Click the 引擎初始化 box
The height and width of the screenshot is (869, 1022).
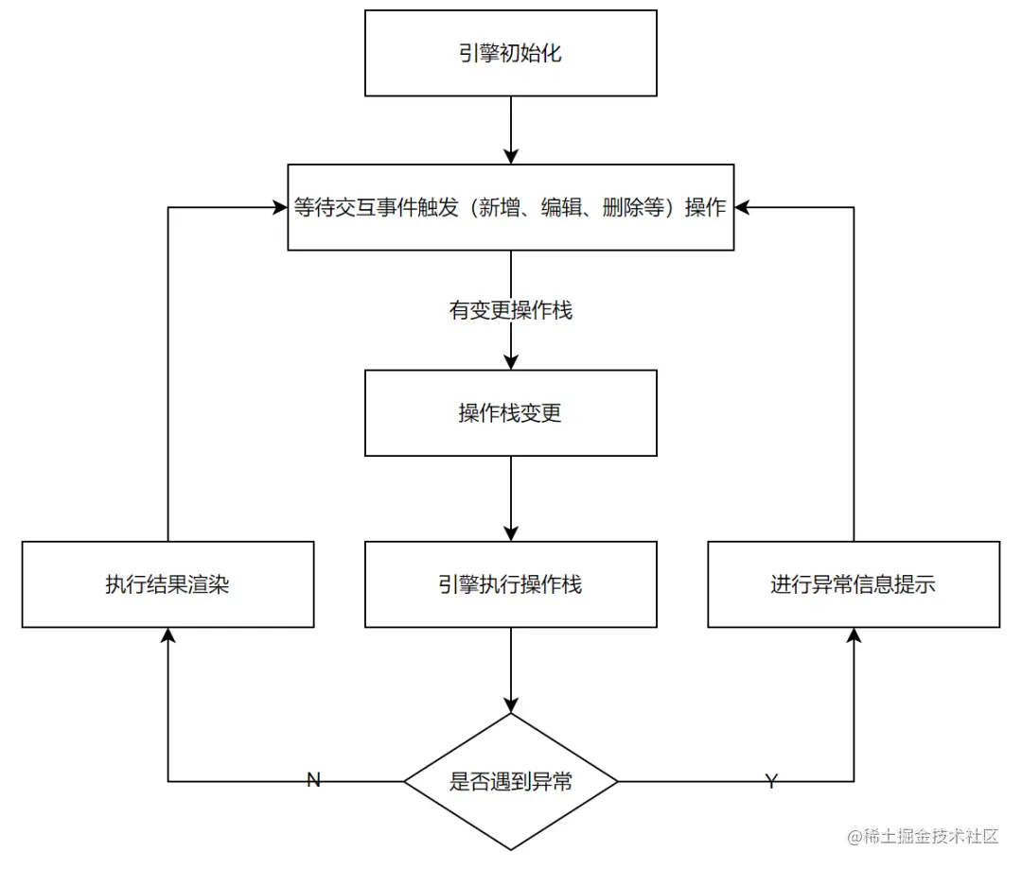pos(510,53)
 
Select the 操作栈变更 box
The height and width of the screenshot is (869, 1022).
pos(510,413)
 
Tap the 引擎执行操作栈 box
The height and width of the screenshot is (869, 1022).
pos(510,584)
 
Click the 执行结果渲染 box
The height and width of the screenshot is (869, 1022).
pos(167,584)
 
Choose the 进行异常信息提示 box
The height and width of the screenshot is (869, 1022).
pos(854,584)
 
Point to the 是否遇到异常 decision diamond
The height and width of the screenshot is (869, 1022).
pos(510,782)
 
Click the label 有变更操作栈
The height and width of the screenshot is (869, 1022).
pos(510,310)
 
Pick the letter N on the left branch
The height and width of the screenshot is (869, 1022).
pos(314,780)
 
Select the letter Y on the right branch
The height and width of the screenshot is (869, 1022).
pos(771,781)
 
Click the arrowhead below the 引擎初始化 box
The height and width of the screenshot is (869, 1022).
pos(511,156)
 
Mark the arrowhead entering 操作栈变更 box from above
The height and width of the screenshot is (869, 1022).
pos(511,362)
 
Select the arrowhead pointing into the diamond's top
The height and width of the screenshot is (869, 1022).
pos(511,704)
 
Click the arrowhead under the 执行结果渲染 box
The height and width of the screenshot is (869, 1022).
pos(167,636)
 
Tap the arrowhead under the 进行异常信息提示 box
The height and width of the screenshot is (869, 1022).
pos(854,636)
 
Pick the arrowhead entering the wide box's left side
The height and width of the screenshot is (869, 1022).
pos(279,208)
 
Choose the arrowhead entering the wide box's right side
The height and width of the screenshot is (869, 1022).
pos(743,208)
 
